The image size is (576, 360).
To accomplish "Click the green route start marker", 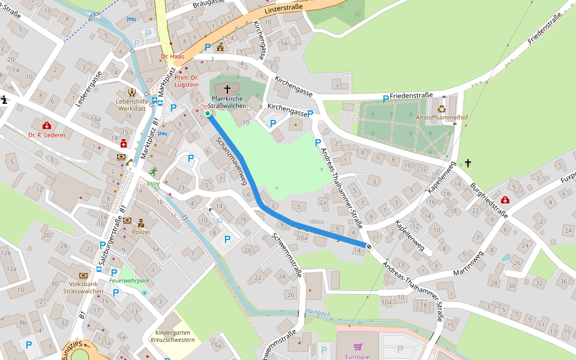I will [x=208, y=113].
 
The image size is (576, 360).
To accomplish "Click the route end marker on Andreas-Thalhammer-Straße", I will [x=368, y=245].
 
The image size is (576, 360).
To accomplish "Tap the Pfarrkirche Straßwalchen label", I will [x=227, y=101].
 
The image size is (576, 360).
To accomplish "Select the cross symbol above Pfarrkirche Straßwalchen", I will [x=227, y=89].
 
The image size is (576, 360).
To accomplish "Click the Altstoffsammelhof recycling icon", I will [x=442, y=109].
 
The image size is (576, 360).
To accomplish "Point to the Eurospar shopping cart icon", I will [x=358, y=347].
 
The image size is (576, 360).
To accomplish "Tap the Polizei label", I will [x=140, y=232].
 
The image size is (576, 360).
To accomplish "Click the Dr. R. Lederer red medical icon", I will [x=47, y=125].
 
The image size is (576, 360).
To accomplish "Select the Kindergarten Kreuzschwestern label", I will [x=175, y=336].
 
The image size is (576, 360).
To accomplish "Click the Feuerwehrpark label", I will [x=129, y=280].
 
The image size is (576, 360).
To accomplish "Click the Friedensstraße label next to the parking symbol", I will [x=411, y=95].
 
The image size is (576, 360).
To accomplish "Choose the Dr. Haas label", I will [x=172, y=56].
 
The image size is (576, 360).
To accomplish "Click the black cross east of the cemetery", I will [x=468, y=163].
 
